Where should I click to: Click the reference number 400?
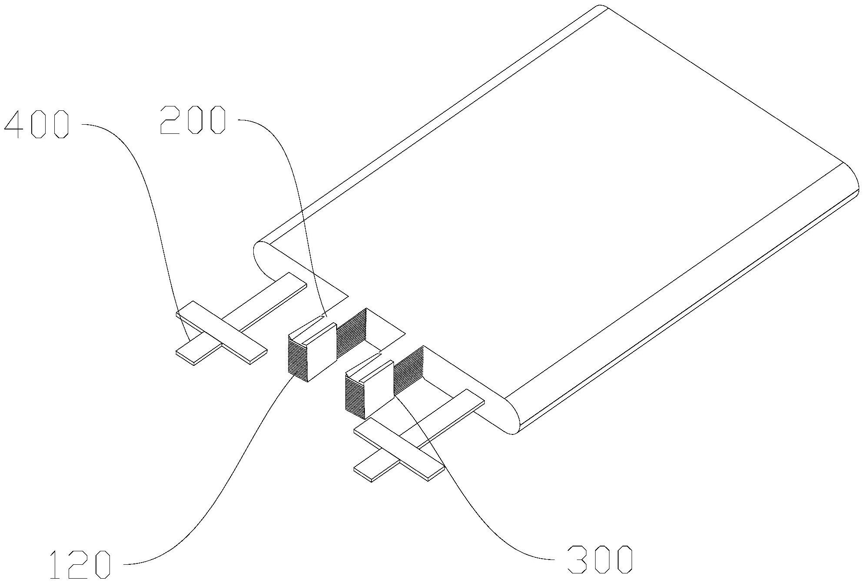pos(36,124)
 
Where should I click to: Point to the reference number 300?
pos(599,559)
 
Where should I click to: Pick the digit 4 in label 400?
pos(15,124)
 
